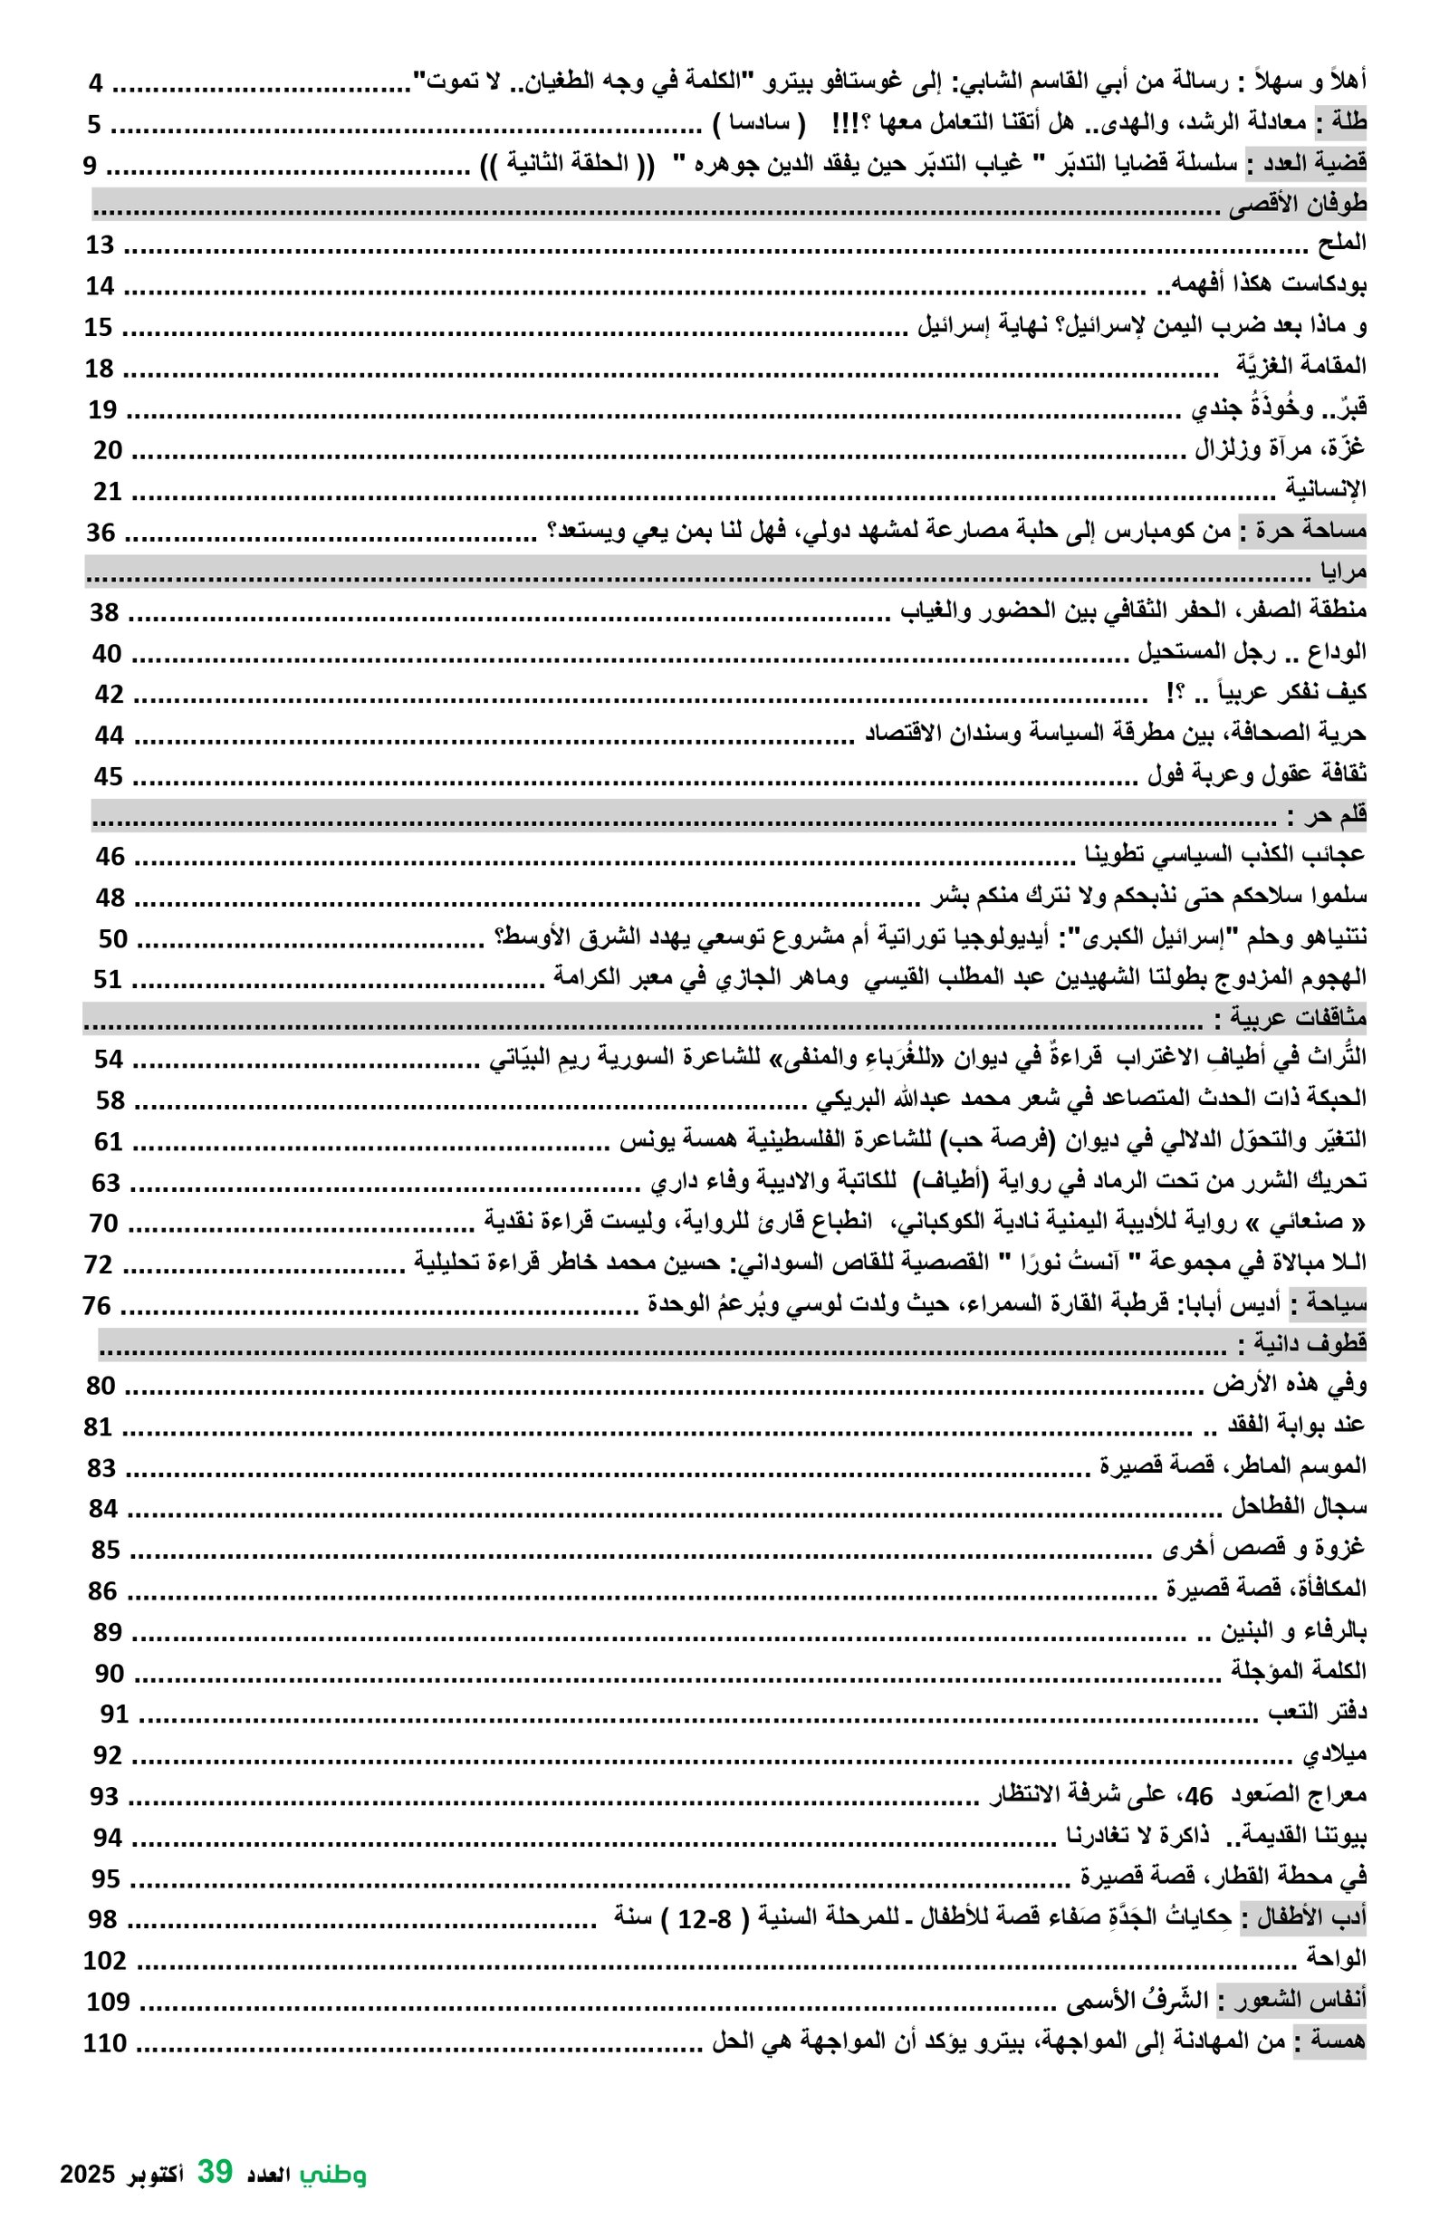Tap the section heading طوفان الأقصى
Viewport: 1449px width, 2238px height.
(1299, 205)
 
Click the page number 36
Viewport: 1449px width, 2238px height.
(101, 533)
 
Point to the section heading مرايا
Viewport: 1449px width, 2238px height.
(1343, 572)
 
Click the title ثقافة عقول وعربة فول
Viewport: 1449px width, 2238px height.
(1256, 777)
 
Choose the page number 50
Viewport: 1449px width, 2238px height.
(112, 938)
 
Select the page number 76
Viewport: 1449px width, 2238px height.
(96, 1305)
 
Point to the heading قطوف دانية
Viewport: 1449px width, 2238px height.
(1301, 1345)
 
